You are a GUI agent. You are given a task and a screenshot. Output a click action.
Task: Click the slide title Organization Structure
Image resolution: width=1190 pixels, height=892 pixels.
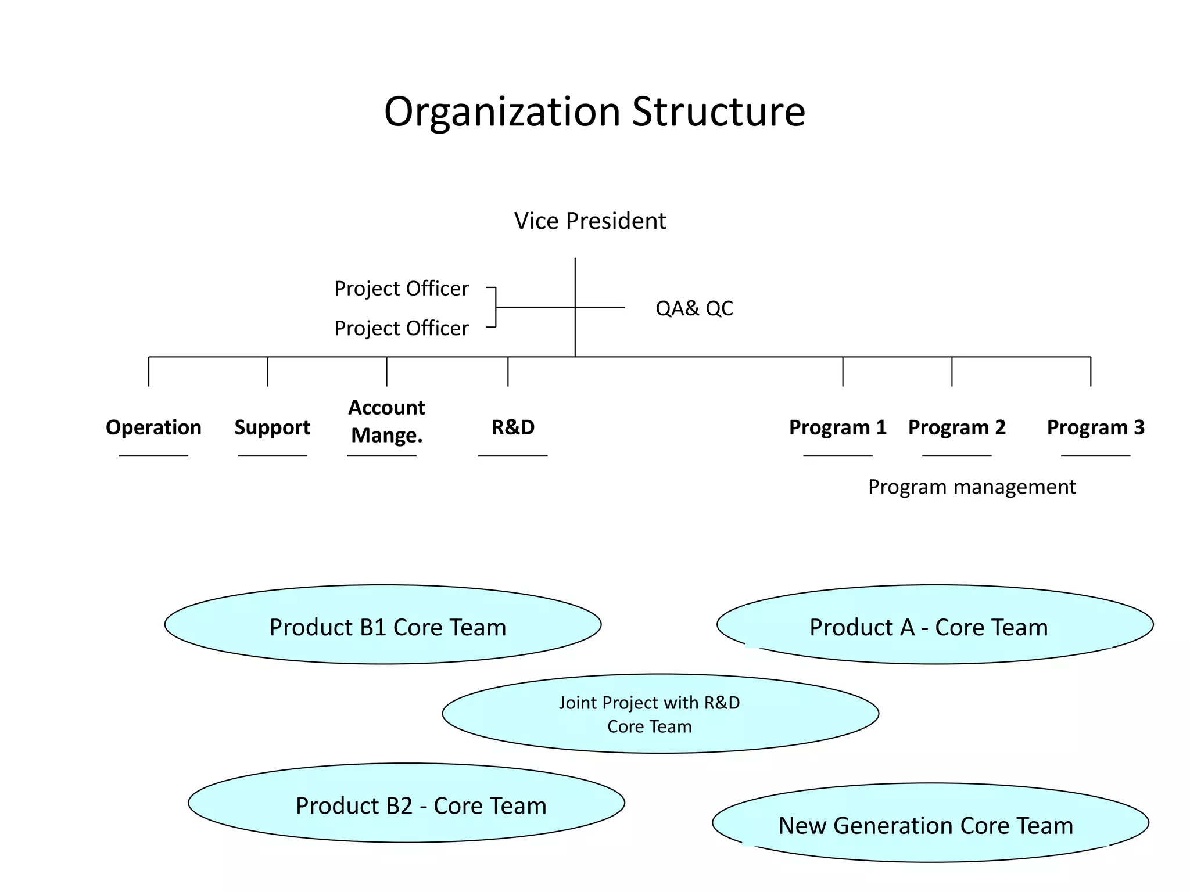pos(594,111)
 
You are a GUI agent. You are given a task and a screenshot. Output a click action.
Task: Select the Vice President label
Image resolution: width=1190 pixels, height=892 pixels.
pos(590,221)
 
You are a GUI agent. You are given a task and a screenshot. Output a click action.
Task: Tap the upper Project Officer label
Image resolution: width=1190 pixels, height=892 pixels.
pos(401,289)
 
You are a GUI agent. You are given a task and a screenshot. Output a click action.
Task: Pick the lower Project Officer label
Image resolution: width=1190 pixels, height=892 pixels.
pos(401,329)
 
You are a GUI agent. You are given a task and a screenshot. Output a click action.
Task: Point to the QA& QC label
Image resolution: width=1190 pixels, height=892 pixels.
pos(694,308)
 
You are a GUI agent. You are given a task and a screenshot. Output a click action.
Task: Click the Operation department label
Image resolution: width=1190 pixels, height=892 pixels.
pos(153,427)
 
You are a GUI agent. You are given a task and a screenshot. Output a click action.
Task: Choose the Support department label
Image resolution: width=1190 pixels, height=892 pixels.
pos(272,427)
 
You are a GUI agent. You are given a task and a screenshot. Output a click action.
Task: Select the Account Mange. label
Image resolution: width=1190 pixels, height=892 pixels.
pos(386,421)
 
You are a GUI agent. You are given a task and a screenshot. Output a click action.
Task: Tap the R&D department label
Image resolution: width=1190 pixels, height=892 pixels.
pos(512,427)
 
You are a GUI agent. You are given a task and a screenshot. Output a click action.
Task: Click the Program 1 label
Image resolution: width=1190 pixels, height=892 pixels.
pos(837,427)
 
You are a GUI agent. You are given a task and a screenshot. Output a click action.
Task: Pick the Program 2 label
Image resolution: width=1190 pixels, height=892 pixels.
pos(956,427)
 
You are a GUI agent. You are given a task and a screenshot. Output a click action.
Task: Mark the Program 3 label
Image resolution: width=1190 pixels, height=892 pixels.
pos(1095,427)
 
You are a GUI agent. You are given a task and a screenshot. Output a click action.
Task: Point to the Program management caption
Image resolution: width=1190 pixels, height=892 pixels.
pos(972,487)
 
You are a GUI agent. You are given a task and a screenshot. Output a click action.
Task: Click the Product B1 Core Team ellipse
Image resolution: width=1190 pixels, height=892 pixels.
pos(383,625)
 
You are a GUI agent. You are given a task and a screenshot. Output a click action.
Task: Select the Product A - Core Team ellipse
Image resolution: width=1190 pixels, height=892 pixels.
pos(934,625)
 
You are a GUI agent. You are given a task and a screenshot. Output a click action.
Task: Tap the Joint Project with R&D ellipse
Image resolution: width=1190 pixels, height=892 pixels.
pos(660,714)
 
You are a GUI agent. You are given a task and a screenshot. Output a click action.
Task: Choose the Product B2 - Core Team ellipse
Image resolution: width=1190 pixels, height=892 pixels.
pos(406,803)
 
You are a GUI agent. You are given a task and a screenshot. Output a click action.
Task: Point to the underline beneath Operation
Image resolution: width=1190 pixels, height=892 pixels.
pos(153,456)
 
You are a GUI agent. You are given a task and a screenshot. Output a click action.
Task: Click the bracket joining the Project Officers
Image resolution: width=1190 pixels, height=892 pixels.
pos(495,307)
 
